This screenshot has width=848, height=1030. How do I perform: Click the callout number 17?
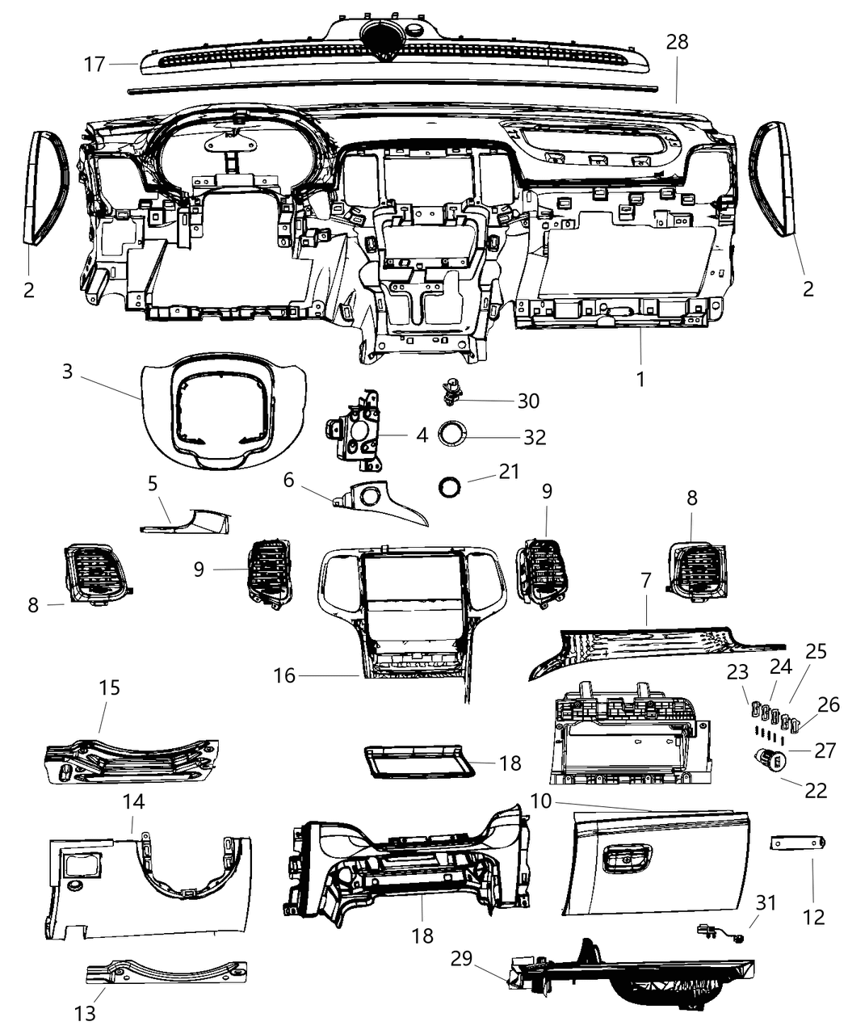tap(94, 63)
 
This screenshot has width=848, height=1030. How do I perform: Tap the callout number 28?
tap(677, 42)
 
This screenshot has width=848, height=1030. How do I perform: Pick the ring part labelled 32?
tap(454, 435)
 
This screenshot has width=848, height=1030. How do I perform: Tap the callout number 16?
tap(285, 675)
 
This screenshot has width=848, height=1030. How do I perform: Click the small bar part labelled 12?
tap(796, 843)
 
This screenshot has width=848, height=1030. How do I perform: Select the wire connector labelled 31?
tap(717, 932)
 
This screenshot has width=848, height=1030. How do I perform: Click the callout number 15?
tap(110, 687)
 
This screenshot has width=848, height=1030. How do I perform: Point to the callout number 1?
tap(640, 378)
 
